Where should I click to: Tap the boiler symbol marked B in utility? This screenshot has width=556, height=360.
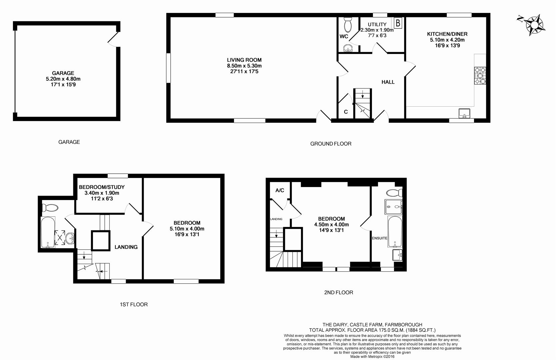[x=398, y=23]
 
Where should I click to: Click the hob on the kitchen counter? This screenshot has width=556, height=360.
[x=480, y=76]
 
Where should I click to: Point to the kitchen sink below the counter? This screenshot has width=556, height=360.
[x=464, y=113]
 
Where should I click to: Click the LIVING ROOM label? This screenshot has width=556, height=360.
[x=244, y=60]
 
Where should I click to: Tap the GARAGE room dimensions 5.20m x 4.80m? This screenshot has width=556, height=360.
[x=63, y=79]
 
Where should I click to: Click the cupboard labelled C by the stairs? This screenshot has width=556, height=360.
[x=346, y=112]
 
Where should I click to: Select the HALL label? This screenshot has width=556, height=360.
[x=388, y=82]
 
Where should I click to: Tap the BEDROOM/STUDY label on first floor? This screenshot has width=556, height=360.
[x=102, y=187]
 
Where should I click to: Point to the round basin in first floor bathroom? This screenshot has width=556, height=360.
[x=70, y=238]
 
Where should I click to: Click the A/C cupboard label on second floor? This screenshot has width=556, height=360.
[x=280, y=190]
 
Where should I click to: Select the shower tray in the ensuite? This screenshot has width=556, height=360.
[x=393, y=207]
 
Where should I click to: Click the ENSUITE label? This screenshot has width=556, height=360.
[x=380, y=238]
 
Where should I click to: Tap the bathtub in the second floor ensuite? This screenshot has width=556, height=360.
[x=395, y=232]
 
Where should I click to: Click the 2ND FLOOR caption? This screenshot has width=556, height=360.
[x=338, y=292]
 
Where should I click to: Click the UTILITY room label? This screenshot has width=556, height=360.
[x=377, y=24]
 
